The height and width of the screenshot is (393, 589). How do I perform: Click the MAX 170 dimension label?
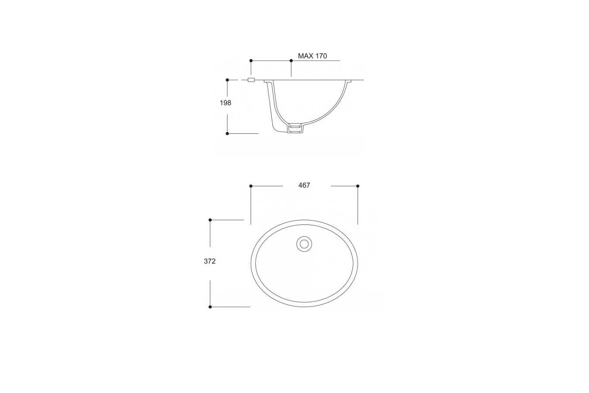point(312,56)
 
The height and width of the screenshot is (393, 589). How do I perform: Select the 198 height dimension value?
point(225,103)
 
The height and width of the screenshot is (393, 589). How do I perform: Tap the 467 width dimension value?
point(304,185)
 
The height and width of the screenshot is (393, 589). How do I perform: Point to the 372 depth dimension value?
point(210,261)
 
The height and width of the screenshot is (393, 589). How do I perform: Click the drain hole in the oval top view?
point(304,244)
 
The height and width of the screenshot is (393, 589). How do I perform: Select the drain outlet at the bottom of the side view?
point(296,130)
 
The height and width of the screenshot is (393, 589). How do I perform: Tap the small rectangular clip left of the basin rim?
point(251,80)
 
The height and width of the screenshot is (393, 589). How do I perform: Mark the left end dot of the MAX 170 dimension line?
point(251,60)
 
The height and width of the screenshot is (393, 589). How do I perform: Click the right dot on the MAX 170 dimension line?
point(291,60)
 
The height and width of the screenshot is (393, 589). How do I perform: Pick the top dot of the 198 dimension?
point(227,80)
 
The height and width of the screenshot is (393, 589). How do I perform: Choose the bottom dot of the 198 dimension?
point(227,134)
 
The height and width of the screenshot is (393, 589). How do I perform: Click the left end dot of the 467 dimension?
point(251,186)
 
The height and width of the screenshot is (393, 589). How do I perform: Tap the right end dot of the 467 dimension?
point(358,186)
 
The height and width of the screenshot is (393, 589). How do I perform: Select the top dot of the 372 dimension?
point(210,220)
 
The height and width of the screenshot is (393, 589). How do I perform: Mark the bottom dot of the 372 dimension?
point(210,307)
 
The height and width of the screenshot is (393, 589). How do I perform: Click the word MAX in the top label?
point(305,56)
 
